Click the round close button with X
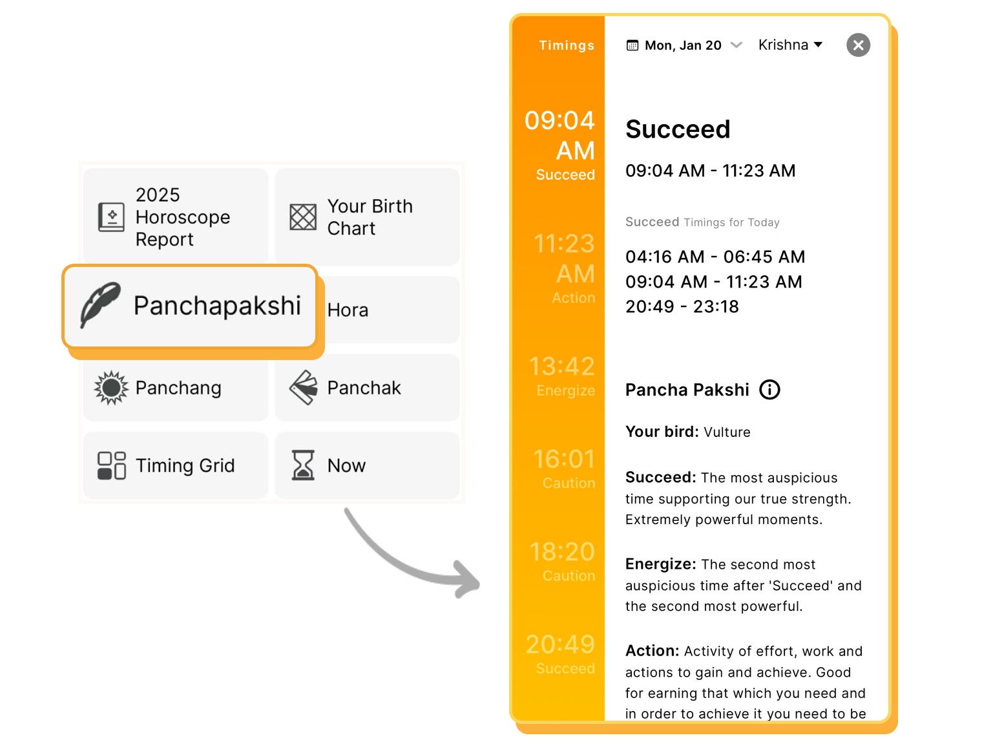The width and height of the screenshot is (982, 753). pos(858,45)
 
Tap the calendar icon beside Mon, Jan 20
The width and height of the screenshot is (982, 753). pos(632,45)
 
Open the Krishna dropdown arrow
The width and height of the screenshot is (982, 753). pos(819,45)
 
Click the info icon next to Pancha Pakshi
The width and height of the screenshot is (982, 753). pos(769,390)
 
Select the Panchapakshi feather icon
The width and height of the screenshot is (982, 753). pos(100,304)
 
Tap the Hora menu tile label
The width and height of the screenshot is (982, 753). pos(348,310)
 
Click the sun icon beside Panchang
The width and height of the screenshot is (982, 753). pos(111,388)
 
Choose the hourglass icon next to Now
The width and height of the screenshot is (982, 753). pos(302,465)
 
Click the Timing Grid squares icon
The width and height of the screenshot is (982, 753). pos(111,465)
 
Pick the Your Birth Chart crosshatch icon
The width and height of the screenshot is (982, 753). pos(303,217)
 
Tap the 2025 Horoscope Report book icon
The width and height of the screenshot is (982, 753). pos(111,217)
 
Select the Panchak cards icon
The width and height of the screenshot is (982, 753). pos(303,388)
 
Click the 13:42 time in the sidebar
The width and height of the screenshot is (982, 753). pos(561,366)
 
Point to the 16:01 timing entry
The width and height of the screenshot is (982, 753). pos(563,460)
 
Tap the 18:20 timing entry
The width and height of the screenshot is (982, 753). pos(561,552)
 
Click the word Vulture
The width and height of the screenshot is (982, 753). pos(727,432)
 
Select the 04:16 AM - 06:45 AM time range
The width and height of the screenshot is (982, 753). pos(715,257)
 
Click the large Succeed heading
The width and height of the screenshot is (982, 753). pos(678,129)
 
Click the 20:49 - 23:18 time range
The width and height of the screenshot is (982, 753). pos(682,307)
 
